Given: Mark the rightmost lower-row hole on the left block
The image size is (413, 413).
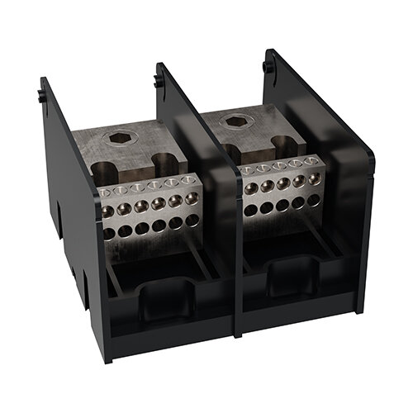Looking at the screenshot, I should (x=194, y=220).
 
